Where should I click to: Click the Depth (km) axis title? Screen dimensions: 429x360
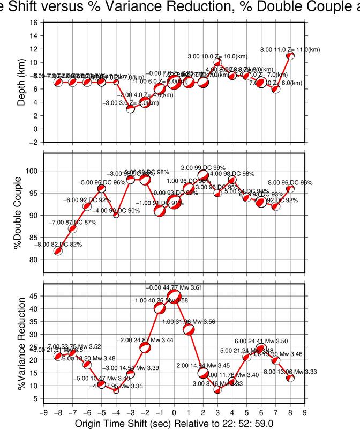[21, 83]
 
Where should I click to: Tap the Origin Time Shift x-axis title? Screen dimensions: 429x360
[174, 424]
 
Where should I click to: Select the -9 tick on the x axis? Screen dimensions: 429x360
[43, 413]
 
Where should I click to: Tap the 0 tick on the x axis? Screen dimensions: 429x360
[174, 413]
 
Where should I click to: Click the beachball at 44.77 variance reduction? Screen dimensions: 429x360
[174, 297]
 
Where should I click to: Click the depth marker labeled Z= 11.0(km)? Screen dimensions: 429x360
[290, 55]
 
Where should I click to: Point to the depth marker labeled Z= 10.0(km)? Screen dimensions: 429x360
[217, 62]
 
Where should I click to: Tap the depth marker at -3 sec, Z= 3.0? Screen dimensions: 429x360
[130, 109]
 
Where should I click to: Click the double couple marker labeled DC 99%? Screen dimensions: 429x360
[203, 175]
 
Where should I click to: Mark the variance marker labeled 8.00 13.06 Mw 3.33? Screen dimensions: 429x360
[290, 378]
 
